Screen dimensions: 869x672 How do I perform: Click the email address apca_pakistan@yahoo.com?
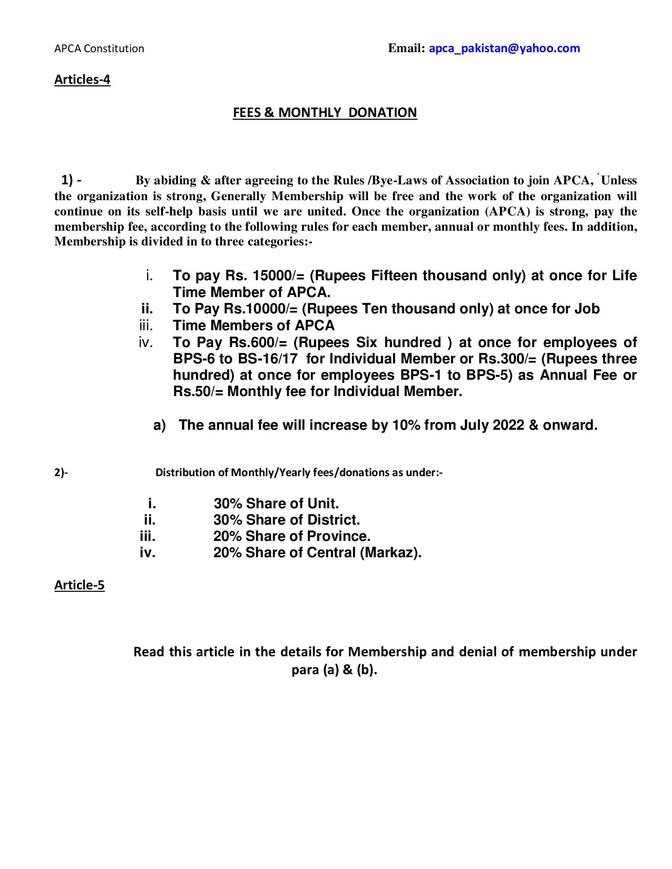click(504, 48)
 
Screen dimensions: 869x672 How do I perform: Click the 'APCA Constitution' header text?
click(99, 49)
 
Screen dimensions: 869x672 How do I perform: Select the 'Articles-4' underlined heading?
click(82, 80)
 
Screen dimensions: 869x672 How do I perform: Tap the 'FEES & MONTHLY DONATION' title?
click(325, 113)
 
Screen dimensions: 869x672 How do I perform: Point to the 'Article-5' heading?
click(79, 585)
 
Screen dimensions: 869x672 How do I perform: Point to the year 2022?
click(509, 425)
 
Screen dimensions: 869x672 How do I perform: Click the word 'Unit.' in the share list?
click(323, 504)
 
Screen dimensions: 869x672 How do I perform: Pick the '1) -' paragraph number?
click(71, 181)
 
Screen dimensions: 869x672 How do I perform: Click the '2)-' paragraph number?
click(61, 473)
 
